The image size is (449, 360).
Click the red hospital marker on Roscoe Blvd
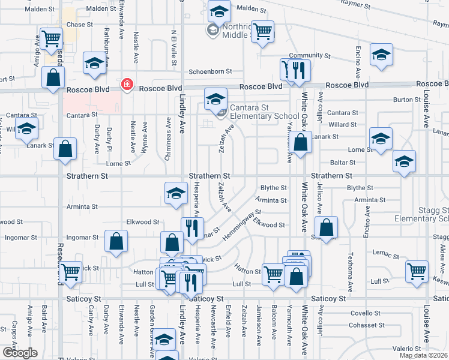pyautogui.click(x=127, y=85)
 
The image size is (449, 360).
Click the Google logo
pyautogui.click(x=19, y=352)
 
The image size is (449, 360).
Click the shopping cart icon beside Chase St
pyautogui.click(x=52, y=38)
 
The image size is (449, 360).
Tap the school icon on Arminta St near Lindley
pyautogui.click(x=175, y=193)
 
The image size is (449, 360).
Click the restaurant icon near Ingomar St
pyautogui.click(x=191, y=228)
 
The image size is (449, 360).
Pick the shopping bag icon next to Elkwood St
pyautogui.click(x=326, y=227)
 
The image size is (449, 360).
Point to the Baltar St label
pyautogui.click(x=343, y=162)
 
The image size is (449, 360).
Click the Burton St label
pyautogui.click(x=406, y=100)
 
